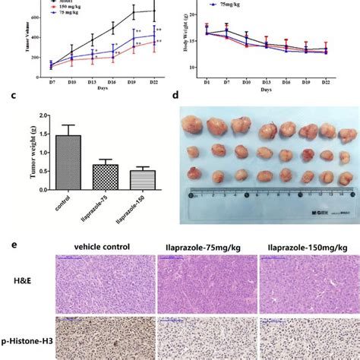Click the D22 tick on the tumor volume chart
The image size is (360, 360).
[x=155, y=80]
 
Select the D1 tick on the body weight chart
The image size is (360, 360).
[x=207, y=80]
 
